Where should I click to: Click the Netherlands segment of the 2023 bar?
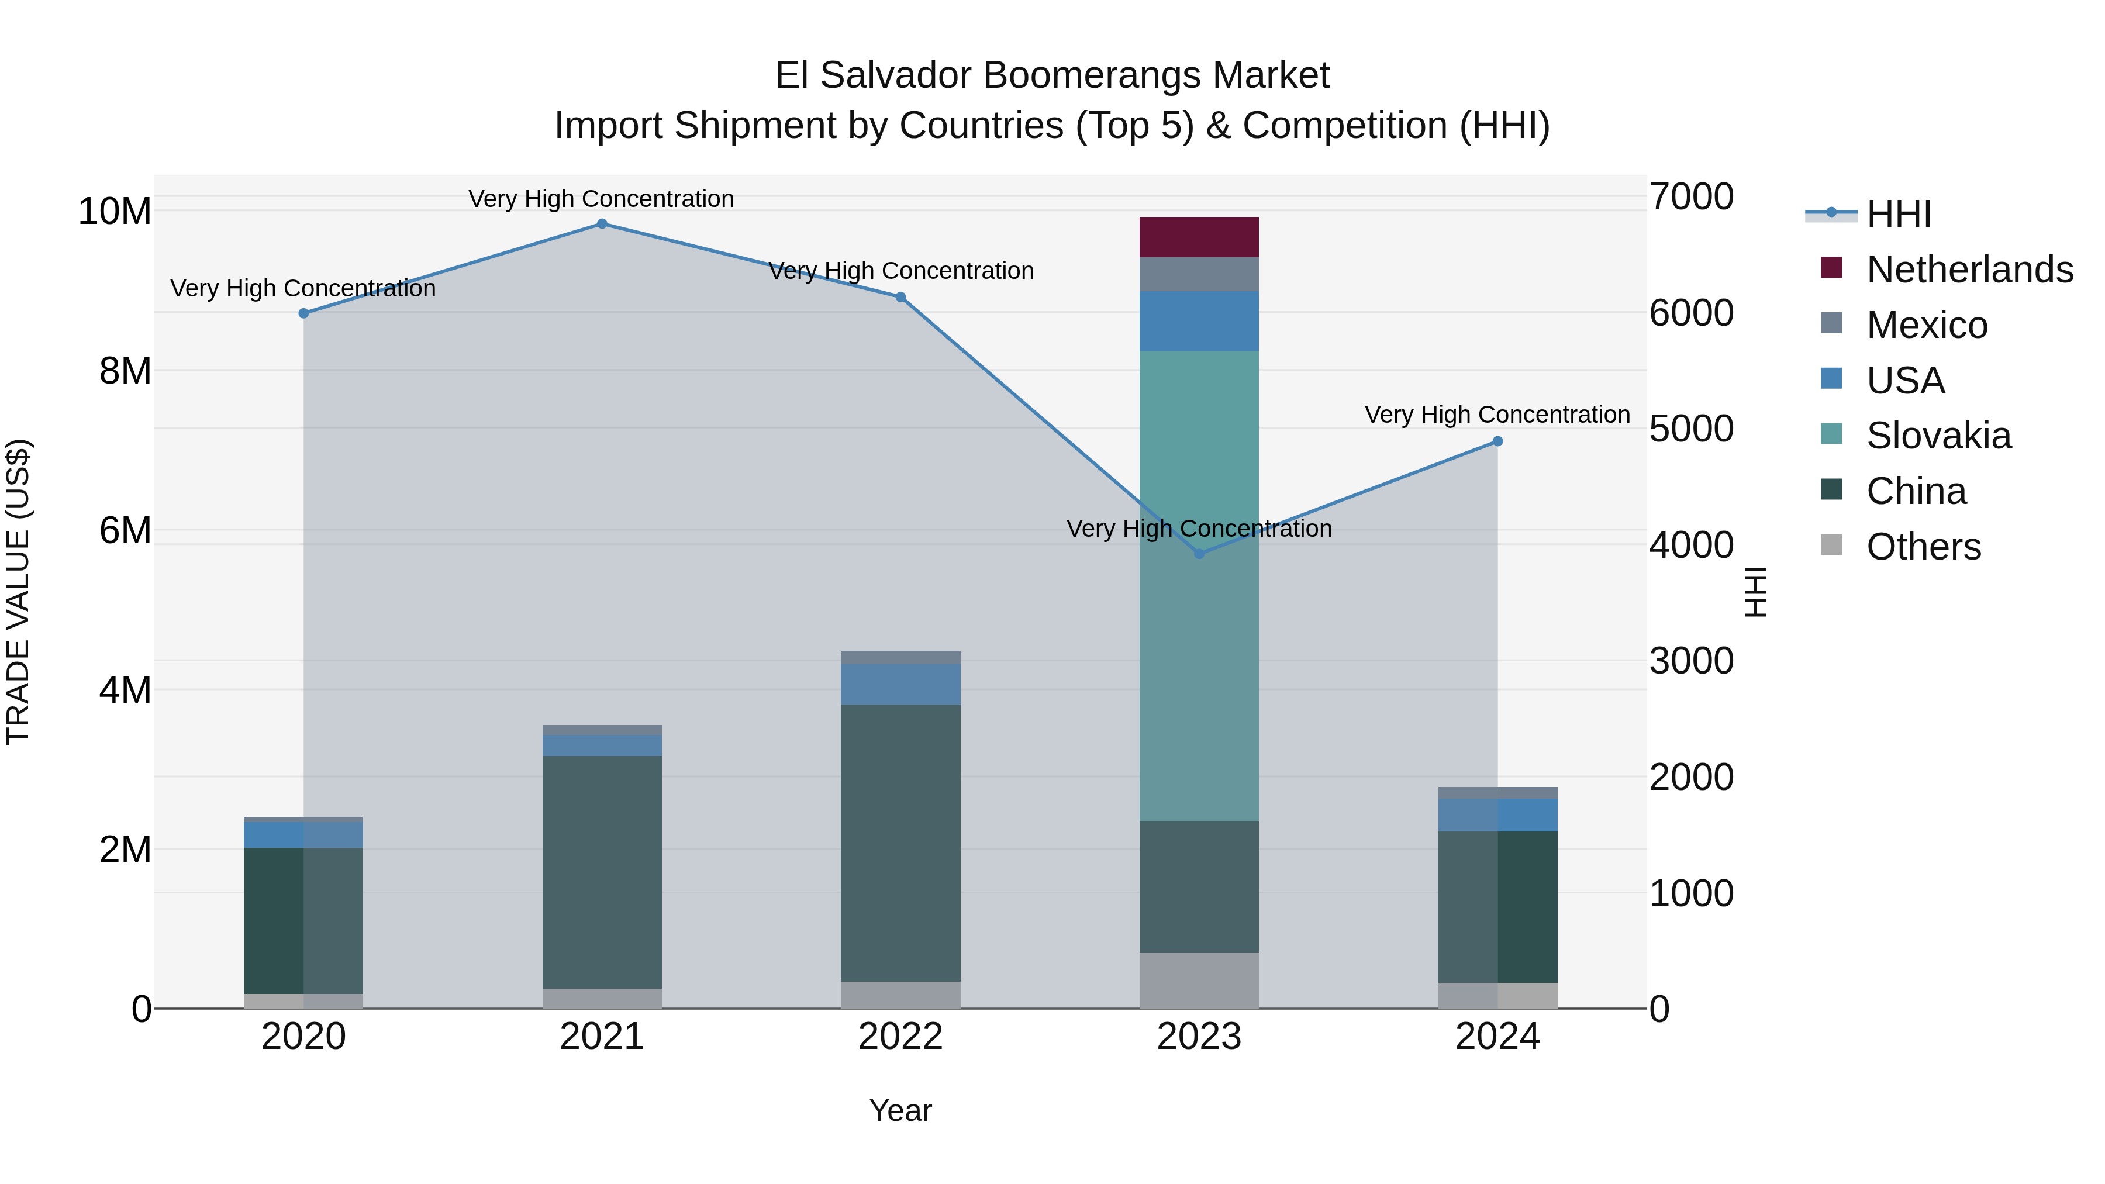[1199, 237]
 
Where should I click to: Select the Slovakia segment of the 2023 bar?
[1199, 585]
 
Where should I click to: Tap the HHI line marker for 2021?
[602, 224]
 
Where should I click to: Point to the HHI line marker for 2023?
[1199, 554]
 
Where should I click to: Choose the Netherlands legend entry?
[1969, 270]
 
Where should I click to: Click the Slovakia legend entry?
[1938, 436]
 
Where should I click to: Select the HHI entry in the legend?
[1898, 214]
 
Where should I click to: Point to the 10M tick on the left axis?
[115, 212]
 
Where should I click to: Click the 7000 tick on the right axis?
[1690, 197]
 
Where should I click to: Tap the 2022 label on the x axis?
[900, 1037]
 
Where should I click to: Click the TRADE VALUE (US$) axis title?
[18, 592]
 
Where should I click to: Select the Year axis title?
[900, 1110]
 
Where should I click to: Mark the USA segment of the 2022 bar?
[900, 684]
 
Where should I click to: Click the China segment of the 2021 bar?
[602, 872]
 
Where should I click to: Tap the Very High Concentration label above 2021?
[602, 199]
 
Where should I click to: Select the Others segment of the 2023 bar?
[1199, 980]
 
